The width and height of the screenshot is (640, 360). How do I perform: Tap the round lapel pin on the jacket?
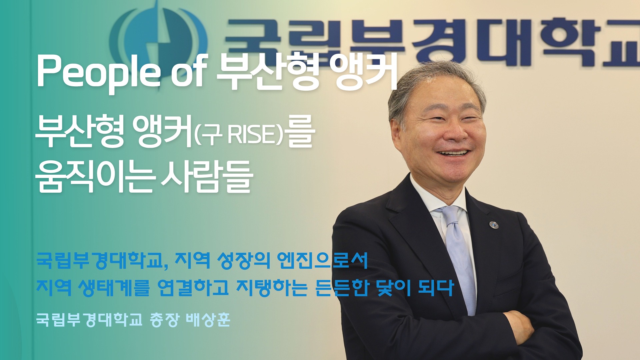tap(494, 225)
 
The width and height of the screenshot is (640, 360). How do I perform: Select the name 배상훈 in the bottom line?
tap(207, 320)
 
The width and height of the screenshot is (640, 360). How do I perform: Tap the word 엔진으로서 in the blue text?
tap(322, 261)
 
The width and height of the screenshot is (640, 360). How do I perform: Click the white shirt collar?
tap(433, 197)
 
